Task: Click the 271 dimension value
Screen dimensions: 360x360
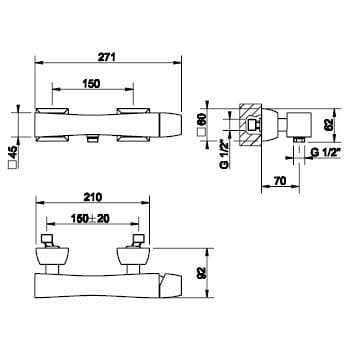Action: pos(106,57)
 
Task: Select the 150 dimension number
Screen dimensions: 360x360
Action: pos(91,84)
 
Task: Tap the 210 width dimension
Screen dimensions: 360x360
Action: pos(93,197)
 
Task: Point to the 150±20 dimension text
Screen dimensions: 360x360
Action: pos(91,219)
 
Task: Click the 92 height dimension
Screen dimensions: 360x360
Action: pos(202,273)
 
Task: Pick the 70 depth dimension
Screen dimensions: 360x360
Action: pos(280,181)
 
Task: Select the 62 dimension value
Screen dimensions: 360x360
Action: pos(329,125)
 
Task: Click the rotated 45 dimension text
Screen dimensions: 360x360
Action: pos(12,152)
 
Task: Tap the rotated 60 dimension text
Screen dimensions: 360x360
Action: pos(202,120)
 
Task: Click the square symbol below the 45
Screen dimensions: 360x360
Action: pos(12,165)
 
